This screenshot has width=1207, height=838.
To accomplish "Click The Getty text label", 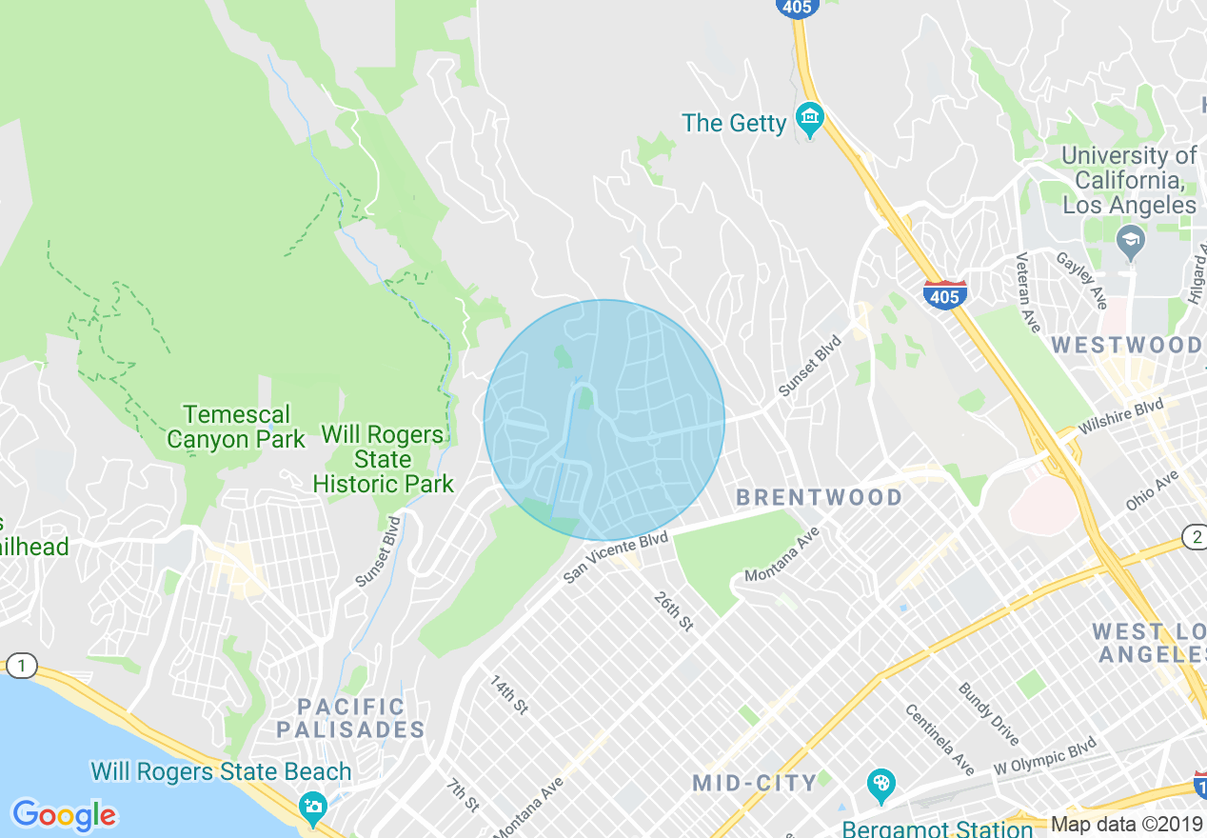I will [734, 123].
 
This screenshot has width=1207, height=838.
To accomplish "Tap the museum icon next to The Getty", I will [809, 120].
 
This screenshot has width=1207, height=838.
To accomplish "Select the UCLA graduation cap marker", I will [1130, 242].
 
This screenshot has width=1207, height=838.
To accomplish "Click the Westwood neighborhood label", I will [1127, 345].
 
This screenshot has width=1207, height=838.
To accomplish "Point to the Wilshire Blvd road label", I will [1123, 417].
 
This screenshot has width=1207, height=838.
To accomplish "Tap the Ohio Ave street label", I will [1153, 489].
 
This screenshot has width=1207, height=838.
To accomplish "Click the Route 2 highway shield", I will [1195, 536].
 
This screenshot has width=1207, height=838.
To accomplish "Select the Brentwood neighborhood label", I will [820, 497].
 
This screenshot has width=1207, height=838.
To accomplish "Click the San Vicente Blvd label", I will [616, 557].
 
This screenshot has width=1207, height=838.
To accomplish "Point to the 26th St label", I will [674, 611].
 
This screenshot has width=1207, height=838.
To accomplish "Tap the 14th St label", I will [508, 695].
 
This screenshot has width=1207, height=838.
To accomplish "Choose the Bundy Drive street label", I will [989, 714].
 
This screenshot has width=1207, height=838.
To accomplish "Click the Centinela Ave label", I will [940, 739].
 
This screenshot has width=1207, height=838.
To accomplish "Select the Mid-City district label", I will [755, 784].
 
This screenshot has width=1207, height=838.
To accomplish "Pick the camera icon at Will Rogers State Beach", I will [312, 808].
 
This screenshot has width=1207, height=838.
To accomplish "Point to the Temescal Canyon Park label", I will [235, 427].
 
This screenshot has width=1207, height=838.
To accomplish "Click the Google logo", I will [65, 815].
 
